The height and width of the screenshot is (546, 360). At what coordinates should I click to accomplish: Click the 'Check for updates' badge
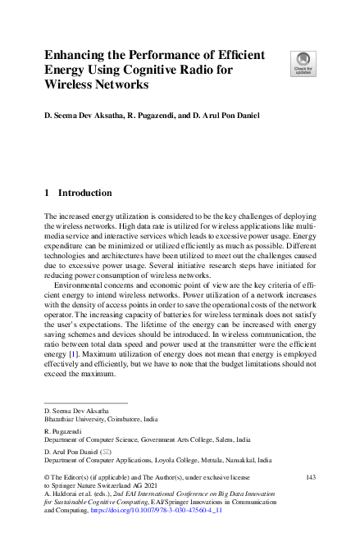pos(303,62)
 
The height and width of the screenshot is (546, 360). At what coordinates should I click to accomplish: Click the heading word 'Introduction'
pos(84,193)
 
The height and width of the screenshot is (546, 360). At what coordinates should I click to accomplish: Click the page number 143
pos(310,476)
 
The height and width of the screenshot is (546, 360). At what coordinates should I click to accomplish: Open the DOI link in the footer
pos(158,509)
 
